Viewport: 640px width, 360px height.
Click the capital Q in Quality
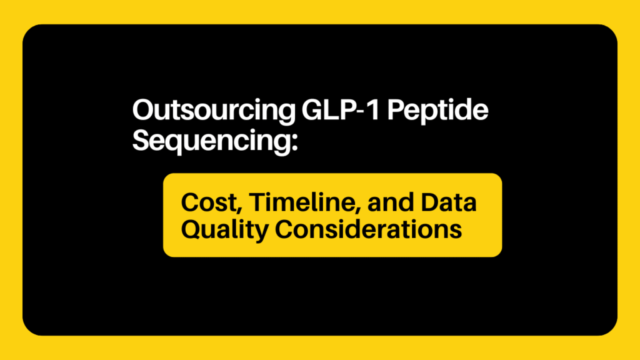[x=191, y=229]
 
